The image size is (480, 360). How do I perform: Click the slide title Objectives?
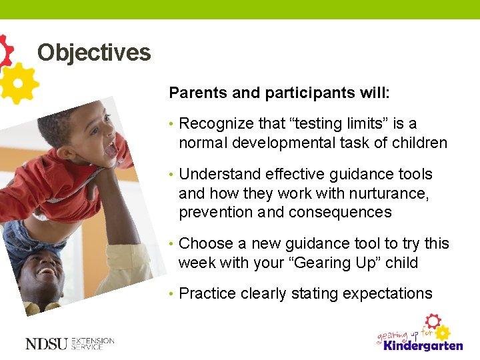pos(94,52)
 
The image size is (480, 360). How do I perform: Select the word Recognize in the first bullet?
pos(215,124)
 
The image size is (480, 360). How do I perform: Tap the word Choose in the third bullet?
pos(203,244)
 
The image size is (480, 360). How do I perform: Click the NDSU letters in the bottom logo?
pos(46,344)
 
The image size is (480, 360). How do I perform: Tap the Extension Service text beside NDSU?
pos(93,344)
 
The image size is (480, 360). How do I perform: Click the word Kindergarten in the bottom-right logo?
pos(421,345)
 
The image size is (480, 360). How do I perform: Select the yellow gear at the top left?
pos(19,83)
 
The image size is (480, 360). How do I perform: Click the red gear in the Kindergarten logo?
pos(433,321)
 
